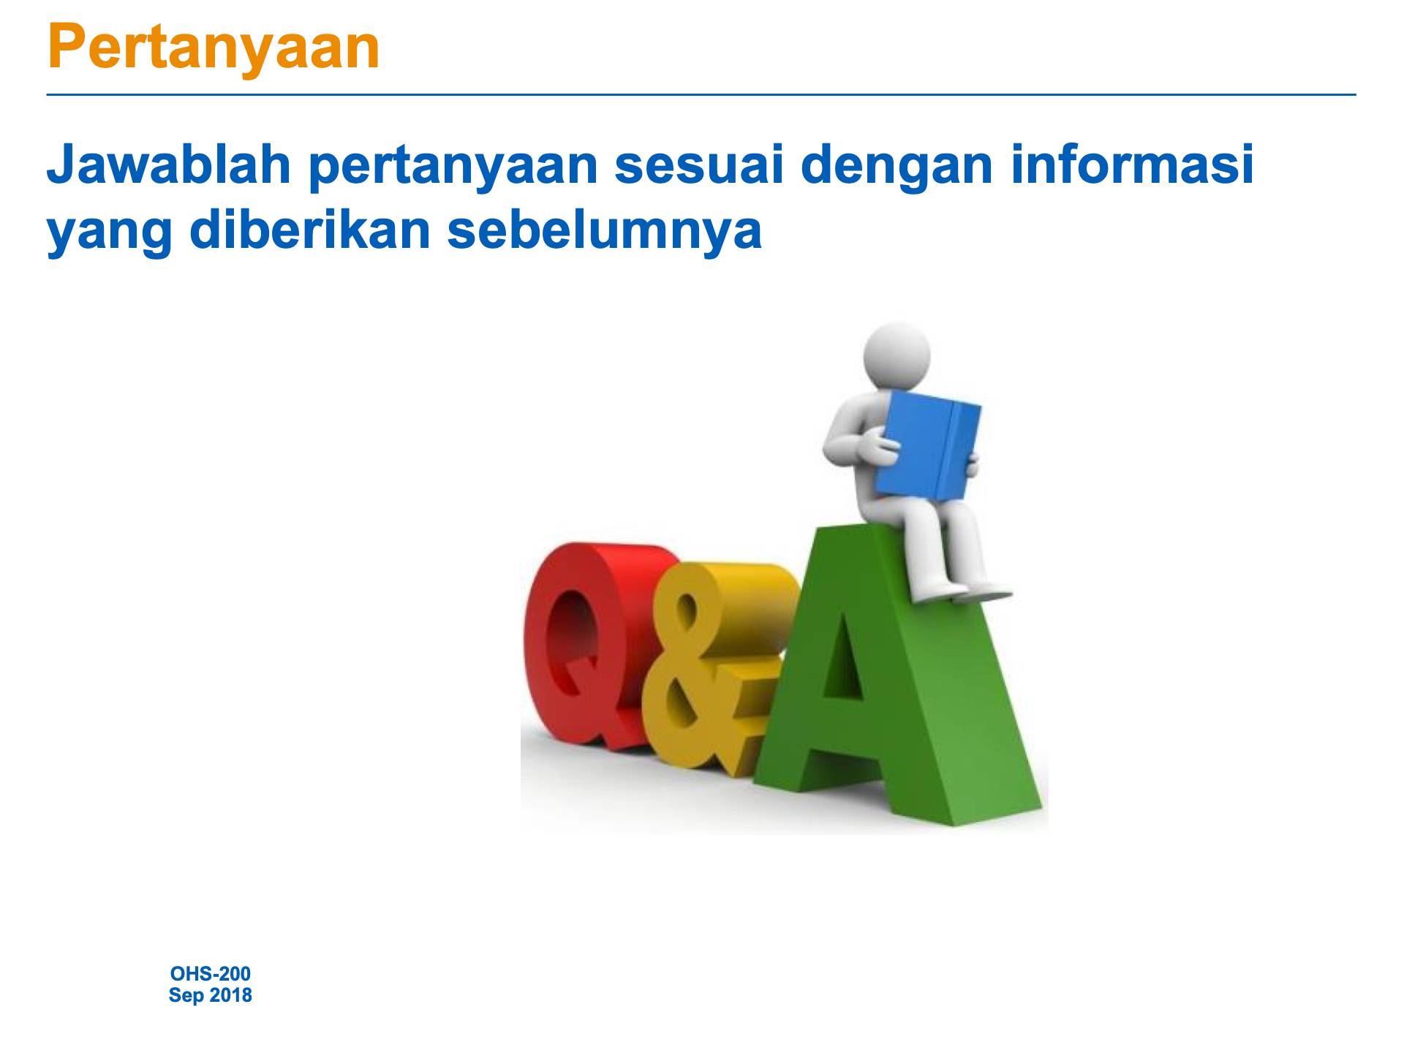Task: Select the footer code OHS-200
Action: [x=210, y=974]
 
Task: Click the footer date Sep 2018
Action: [x=210, y=996]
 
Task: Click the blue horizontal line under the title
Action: [x=701, y=95]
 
